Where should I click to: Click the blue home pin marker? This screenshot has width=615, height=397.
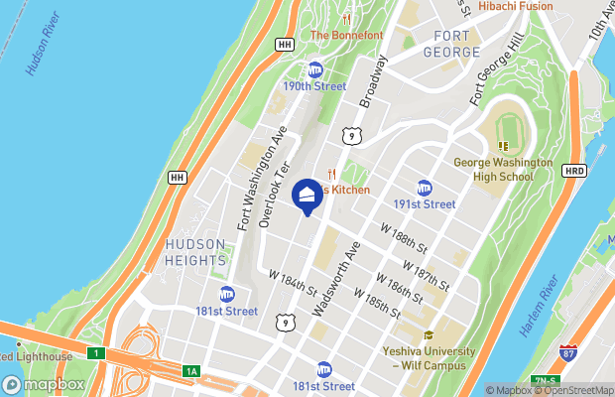click(307, 195)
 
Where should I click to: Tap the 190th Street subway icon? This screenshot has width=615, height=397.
click(315, 69)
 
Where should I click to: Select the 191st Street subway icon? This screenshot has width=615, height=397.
click(425, 188)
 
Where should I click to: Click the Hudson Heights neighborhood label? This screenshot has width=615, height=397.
click(196, 253)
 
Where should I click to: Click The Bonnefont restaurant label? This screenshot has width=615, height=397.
click(346, 35)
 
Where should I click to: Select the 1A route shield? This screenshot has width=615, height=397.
click(191, 371)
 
